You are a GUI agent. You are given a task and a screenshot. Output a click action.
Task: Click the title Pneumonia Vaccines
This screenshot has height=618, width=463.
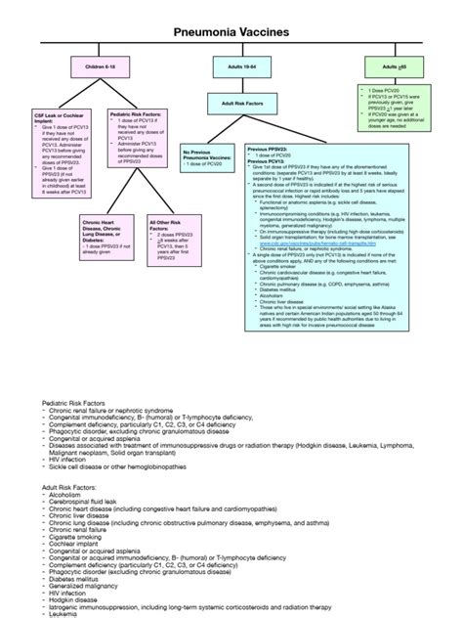(x=231, y=31)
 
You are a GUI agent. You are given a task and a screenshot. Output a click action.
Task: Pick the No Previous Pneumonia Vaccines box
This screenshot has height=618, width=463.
(x=209, y=155)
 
